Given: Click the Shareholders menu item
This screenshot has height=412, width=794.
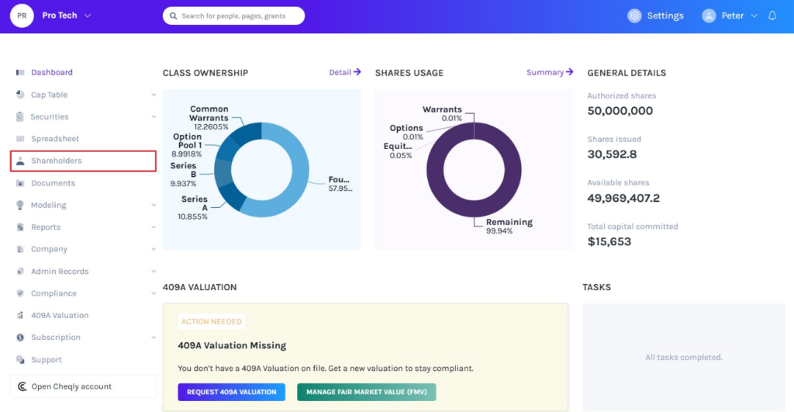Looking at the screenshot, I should coord(57,161).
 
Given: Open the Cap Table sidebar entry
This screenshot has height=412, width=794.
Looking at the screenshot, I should coord(49,95).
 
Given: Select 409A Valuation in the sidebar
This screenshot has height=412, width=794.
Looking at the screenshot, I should coord(60,316).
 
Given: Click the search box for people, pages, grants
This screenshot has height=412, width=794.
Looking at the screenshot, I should coord(233,16).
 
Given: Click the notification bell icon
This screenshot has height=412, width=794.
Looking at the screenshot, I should coord(772,16).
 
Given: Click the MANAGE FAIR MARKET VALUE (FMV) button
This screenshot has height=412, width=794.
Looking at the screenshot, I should coord(366,392).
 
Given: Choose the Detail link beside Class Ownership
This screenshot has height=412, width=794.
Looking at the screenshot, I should coord(345,72).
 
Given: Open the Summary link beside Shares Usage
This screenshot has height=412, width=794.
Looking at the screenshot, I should coord(550,72).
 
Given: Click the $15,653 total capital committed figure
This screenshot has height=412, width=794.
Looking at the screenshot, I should coord(609,241).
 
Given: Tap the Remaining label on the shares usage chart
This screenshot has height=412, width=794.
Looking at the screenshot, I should coord(509,222).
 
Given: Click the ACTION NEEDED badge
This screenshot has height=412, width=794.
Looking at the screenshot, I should coord(212,321).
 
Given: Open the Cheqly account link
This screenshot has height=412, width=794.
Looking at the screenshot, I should coord(71,386).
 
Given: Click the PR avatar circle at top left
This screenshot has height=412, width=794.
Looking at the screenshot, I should coord(22,16).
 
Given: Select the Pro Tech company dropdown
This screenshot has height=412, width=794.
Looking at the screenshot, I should coord(67,16).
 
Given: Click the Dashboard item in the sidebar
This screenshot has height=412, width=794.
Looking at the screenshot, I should coord(52,72).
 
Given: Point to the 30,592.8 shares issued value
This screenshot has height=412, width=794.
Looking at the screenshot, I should coord(613,154).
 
